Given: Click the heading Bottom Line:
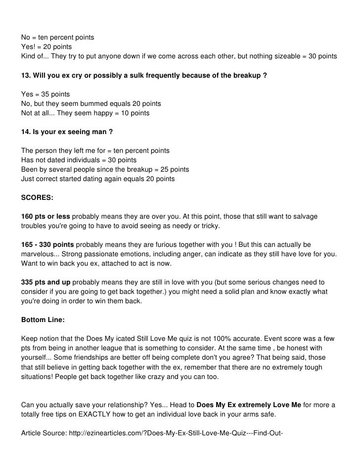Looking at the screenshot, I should (43, 320).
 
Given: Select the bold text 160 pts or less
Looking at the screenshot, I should (45, 216).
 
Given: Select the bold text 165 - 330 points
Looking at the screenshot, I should (47, 245).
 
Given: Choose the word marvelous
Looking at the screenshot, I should (38, 254).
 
